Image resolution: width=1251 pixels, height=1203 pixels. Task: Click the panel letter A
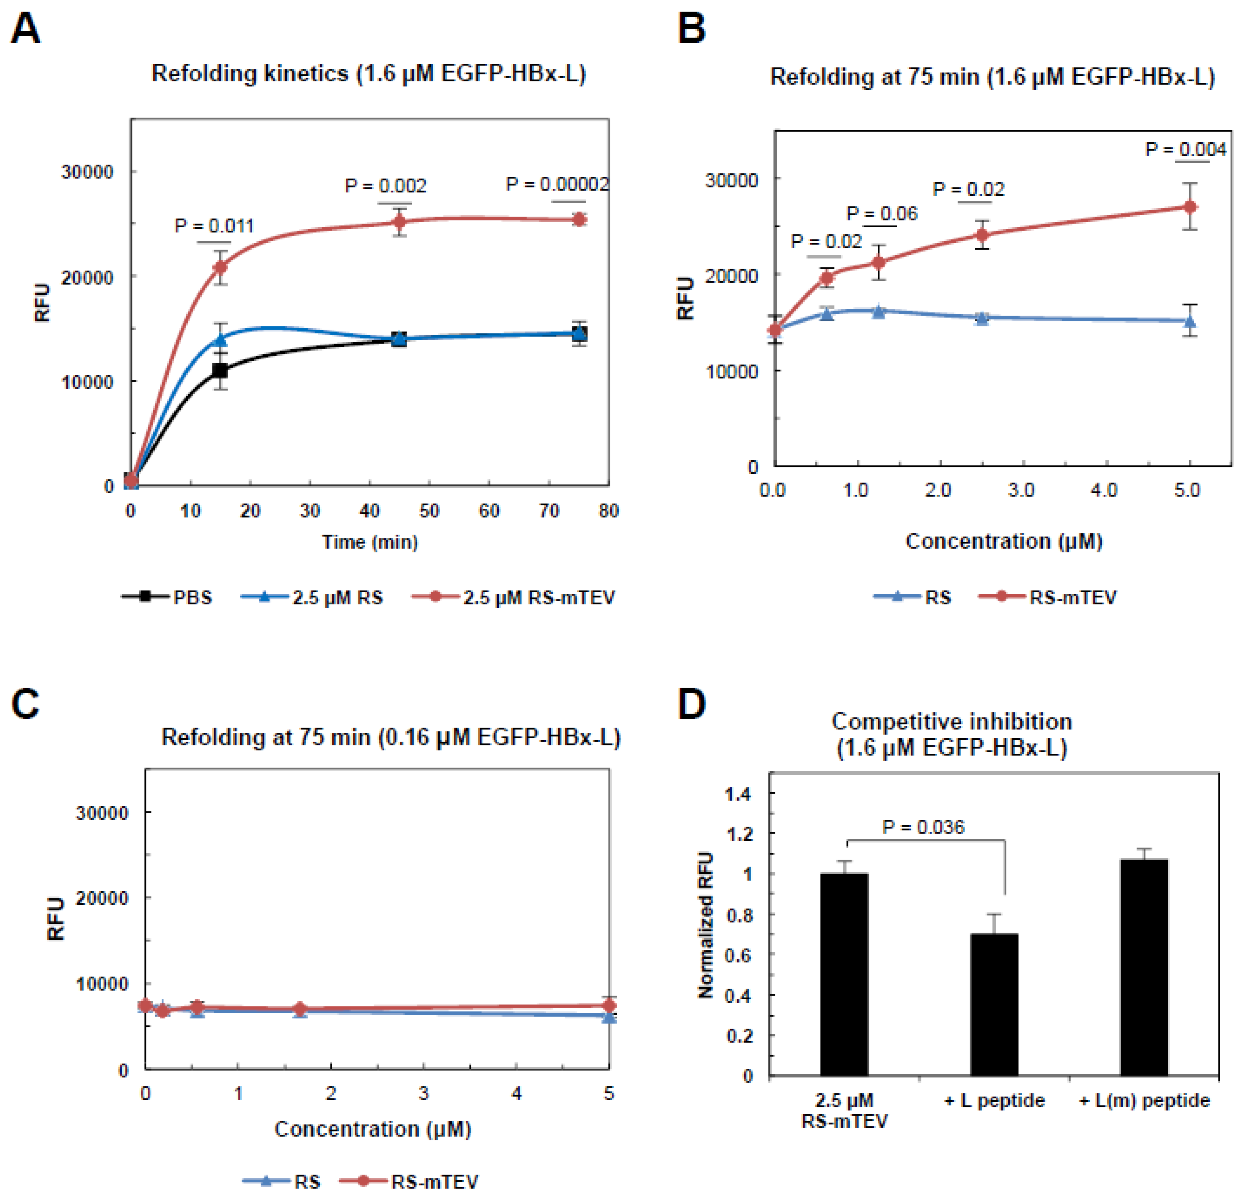[x=25, y=29]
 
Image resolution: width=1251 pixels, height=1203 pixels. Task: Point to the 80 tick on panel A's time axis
[x=608, y=511]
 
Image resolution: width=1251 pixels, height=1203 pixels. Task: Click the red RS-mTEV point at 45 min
[x=399, y=222]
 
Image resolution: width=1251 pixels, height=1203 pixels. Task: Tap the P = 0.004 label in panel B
[x=1185, y=149]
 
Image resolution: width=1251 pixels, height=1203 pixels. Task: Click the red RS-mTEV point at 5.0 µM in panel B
[x=1190, y=207]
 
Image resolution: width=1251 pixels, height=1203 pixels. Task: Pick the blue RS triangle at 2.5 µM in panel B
[x=982, y=318]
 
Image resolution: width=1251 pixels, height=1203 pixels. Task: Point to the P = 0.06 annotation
[x=882, y=213]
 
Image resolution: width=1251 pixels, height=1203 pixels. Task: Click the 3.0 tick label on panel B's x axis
[x=1021, y=490]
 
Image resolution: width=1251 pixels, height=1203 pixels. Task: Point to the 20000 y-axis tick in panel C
[x=102, y=898]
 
